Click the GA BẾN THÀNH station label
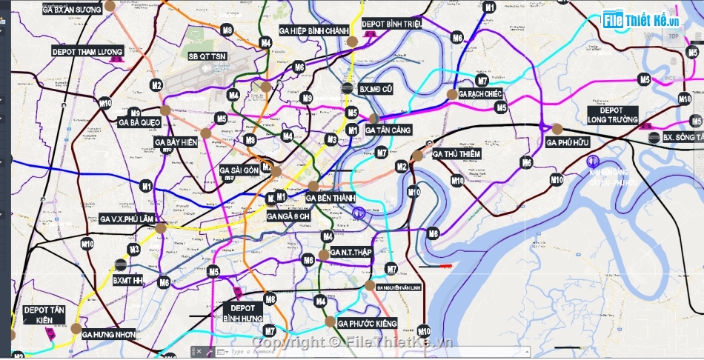click(330, 199)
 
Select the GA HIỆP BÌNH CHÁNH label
click(313, 30)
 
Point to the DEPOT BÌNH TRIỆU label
click(392, 24)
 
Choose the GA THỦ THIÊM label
click(456, 154)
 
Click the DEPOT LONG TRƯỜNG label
click(613, 115)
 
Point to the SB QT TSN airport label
click(207, 56)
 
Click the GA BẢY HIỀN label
click(176, 141)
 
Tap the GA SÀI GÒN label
click(239, 170)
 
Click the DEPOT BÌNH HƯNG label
click(242, 313)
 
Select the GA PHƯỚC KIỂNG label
click(367, 324)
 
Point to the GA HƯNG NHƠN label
click(109, 334)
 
